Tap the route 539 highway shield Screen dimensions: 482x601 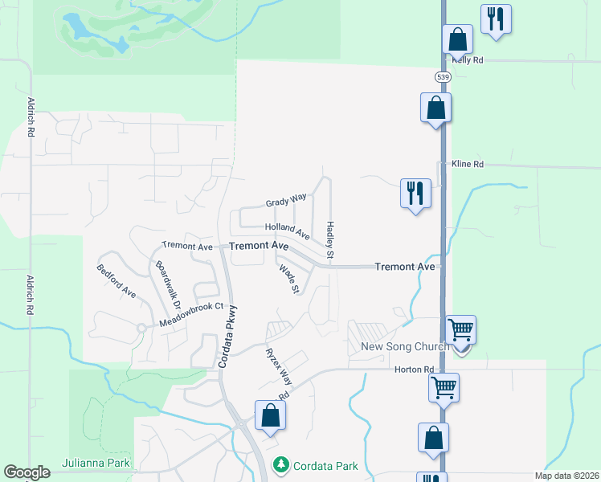click(443, 76)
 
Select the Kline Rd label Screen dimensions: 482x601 click(468, 164)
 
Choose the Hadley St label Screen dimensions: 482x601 click(329, 239)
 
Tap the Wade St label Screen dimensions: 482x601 click(289, 280)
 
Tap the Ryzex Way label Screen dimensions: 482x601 click(279, 364)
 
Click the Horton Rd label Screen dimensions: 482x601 click(415, 370)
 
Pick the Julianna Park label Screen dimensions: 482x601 click(96, 464)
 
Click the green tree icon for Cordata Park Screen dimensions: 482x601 click(280, 464)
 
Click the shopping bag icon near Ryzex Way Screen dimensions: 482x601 click(270, 415)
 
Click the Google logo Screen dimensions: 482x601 click(27, 473)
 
